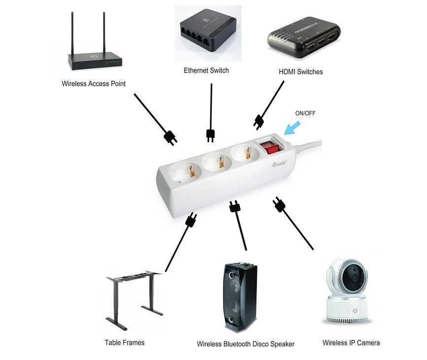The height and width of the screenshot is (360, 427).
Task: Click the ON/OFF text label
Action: click(x=305, y=113)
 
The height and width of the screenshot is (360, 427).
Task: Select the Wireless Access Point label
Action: click(x=94, y=84)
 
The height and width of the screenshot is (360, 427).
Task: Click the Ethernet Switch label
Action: click(x=206, y=70)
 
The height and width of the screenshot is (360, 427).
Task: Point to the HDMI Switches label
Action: click(x=300, y=72)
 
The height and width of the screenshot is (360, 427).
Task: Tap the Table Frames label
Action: click(x=125, y=342)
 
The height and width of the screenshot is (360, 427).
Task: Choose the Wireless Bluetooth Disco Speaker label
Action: click(x=245, y=344)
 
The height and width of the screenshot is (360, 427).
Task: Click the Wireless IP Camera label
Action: click(x=351, y=343)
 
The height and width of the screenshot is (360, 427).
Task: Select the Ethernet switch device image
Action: click(x=207, y=33)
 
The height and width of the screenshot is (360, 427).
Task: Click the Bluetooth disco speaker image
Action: click(x=239, y=297)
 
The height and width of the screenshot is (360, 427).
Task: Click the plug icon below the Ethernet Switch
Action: click(x=210, y=134)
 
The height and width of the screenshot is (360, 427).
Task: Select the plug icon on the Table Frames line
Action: click(x=191, y=220)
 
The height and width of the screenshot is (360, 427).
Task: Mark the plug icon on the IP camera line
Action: click(x=279, y=204)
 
